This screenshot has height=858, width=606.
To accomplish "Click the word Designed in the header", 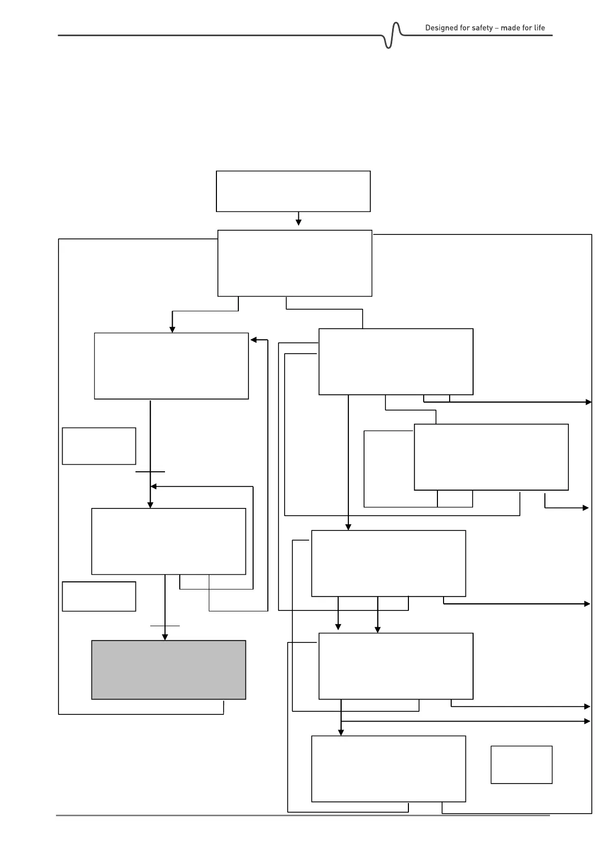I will pyautogui.click(x=441, y=28).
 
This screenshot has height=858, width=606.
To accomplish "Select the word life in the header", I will pyautogui.click(x=539, y=28).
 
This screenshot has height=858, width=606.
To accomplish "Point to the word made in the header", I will pyautogui.click(x=510, y=28).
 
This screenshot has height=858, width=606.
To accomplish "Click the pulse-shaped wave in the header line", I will pyautogui.click(x=393, y=36).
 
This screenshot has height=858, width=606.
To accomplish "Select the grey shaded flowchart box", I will pyautogui.click(x=169, y=669).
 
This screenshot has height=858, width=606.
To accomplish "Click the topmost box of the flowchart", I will pyautogui.click(x=293, y=191).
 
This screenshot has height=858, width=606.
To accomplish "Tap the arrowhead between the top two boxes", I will pyautogui.click(x=298, y=222).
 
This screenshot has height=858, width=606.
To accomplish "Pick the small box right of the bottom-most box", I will pyautogui.click(x=521, y=764).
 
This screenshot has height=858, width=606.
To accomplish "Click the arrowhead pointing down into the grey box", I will pyautogui.click(x=164, y=636).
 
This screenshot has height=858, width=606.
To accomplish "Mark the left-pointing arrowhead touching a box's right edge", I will pyautogui.click(x=253, y=340).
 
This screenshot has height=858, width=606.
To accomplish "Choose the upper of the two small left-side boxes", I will pyautogui.click(x=99, y=446).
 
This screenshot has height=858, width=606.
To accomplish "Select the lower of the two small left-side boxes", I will pyautogui.click(x=99, y=596).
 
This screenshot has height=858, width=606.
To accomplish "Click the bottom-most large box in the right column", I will pyautogui.click(x=388, y=768).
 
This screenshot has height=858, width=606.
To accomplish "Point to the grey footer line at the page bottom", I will pyautogui.click(x=302, y=815).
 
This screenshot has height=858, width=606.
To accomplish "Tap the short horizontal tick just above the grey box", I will pyautogui.click(x=164, y=625).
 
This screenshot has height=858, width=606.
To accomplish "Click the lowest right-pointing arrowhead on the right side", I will pyautogui.click(x=587, y=721).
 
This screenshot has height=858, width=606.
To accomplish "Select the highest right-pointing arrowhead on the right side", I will pyautogui.click(x=589, y=402).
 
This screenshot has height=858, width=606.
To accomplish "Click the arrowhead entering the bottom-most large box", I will pyautogui.click(x=341, y=732).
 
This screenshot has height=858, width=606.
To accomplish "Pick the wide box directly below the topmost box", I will pyautogui.click(x=294, y=263).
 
